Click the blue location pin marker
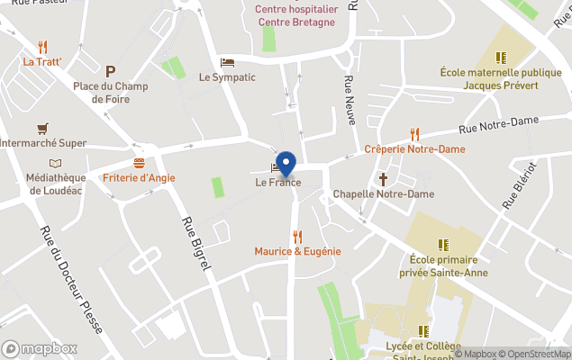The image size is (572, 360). click(x=286, y=163)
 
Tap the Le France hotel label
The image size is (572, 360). click(x=277, y=183)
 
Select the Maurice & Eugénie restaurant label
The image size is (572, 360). click(x=297, y=251)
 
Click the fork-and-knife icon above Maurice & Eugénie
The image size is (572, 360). click(x=297, y=236)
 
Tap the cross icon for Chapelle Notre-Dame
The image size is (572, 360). click(x=383, y=179)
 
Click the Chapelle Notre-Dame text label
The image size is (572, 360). click(x=383, y=193)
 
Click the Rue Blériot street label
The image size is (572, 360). click(x=521, y=184)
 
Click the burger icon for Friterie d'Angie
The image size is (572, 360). click(x=139, y=163)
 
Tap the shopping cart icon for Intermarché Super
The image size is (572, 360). click(x=41, y=129)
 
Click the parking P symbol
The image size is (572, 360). click(x=111, y=71)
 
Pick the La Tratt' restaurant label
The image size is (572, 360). click(x=42, y=62)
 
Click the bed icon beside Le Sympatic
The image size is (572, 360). click(x=227, y=62)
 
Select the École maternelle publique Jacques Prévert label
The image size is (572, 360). click(x=500, y=78)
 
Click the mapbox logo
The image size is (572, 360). click(x=40, y=348)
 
